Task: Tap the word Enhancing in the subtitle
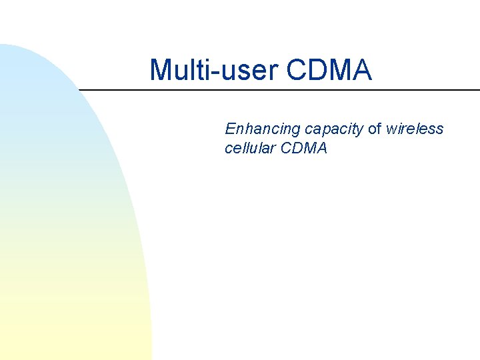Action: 263,129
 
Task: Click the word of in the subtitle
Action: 375,129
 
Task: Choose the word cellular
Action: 251,148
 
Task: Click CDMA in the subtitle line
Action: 305,148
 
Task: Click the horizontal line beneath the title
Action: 280,89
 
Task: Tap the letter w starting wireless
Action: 392,129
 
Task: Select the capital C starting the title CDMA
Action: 299,70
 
